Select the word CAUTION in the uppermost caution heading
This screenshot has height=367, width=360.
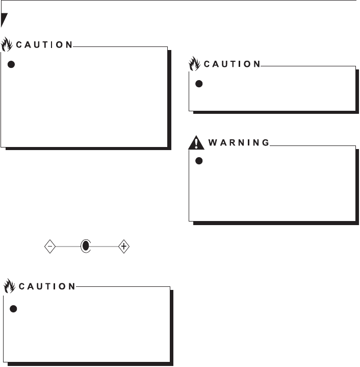pyautogui.click(x=44, y=44)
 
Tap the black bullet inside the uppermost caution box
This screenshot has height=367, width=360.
pyautogui.click(x=12, y=65)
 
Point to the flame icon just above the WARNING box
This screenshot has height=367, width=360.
pyautogui.click(x=194, y=63)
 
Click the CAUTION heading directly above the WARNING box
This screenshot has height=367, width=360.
pyautogui.click(x=232, y=64)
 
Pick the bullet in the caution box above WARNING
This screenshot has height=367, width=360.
pyautogui.click(x=200, y=84)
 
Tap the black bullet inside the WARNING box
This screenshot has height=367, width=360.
pyautogui.click(x=200, y=161)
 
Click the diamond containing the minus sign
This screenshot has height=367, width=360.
pyautogui.click(x=49, y=247)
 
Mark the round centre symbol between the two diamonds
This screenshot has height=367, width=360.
pyautogui.click(x=86, y=247)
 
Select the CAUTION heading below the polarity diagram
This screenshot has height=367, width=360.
pyautogui.click(x=47, y=286)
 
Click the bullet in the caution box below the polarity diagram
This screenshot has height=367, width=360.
pyautogui.click(x=14, y=309)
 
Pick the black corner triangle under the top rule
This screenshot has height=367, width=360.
pyautogui.click(x=4, y=20)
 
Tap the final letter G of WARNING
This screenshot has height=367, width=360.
pyautogui.click(x=266, y=143)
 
